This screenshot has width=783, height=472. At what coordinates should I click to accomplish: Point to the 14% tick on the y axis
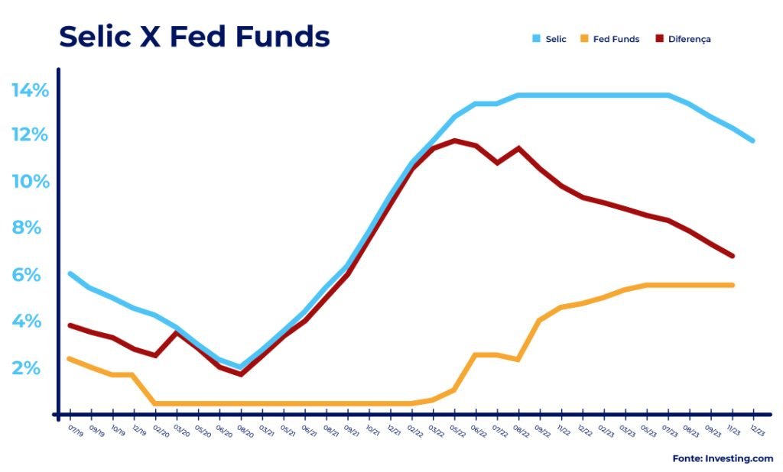click(x=30, y=90)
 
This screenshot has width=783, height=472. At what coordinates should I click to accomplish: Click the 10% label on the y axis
click(x=30, y=182)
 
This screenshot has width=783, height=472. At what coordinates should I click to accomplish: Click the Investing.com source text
click(x=723, y=458)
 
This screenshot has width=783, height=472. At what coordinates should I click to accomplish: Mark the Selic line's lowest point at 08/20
click(x=241, y=367)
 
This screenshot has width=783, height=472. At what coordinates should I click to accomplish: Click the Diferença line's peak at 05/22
click(x=455, y=141)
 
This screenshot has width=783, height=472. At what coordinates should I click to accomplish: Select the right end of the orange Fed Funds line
click(x=733, y=285)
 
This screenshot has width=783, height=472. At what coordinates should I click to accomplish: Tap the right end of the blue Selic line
click(x=752, y=141)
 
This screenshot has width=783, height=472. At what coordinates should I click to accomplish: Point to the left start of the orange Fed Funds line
click(x=70, y=358)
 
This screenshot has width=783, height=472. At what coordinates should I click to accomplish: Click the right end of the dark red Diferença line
click(x=733, y=256)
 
